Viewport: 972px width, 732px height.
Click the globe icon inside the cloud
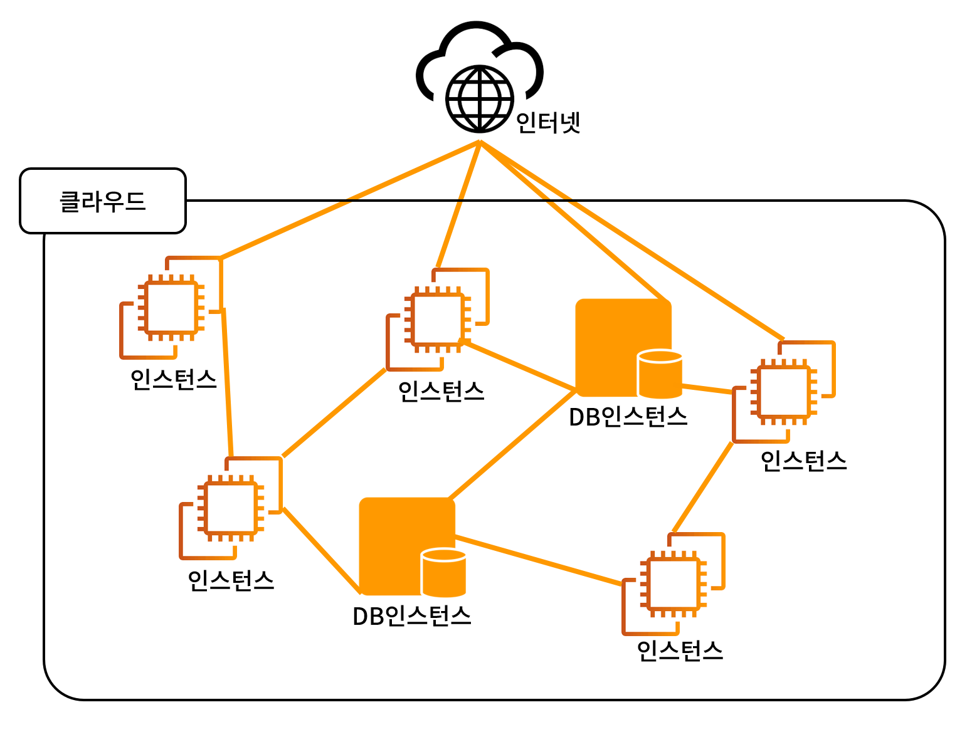pos(480,99)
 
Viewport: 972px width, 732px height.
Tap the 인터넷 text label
pos(548,122)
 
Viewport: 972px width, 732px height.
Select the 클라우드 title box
pos(103,201)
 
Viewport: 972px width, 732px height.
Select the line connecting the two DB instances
pos(512,446)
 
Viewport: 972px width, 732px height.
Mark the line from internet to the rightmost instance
pos(633,241)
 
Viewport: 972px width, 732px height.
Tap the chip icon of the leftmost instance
pos(171,308)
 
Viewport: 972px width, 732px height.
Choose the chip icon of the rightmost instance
pos(784,392)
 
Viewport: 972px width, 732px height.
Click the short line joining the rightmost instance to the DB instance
pos(707,389)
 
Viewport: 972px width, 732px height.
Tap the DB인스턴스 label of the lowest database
pos(412,616)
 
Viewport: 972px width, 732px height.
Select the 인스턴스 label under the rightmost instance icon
pos(804,461)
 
